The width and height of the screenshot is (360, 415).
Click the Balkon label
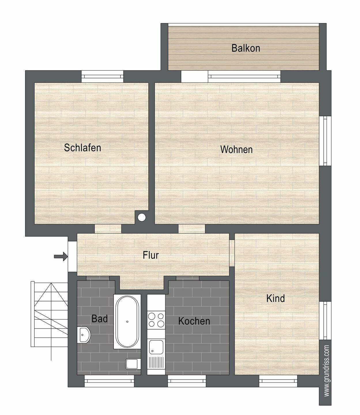click(246, 48)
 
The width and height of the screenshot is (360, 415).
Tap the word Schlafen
click(82, 148)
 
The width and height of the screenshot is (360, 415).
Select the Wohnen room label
click(236, 150)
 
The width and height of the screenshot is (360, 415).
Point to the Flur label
click(151, 255)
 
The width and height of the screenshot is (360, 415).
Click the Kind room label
click(276, 298)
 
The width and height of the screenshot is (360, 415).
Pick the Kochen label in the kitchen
click(194, 321)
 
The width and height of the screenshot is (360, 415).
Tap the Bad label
click(99, 319)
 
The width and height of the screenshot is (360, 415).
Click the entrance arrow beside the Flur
click(61, 256)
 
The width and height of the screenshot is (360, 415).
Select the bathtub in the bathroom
click(127, 322)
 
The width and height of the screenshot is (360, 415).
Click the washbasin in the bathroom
click(84, 335)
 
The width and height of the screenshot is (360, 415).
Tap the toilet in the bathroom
click(133, 364)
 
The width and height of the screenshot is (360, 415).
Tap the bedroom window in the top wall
click(102, 76)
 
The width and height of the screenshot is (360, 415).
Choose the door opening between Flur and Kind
click(232, 253)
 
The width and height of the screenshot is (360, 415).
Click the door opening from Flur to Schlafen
click(108, 229)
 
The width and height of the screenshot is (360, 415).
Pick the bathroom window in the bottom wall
click(109, 381)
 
